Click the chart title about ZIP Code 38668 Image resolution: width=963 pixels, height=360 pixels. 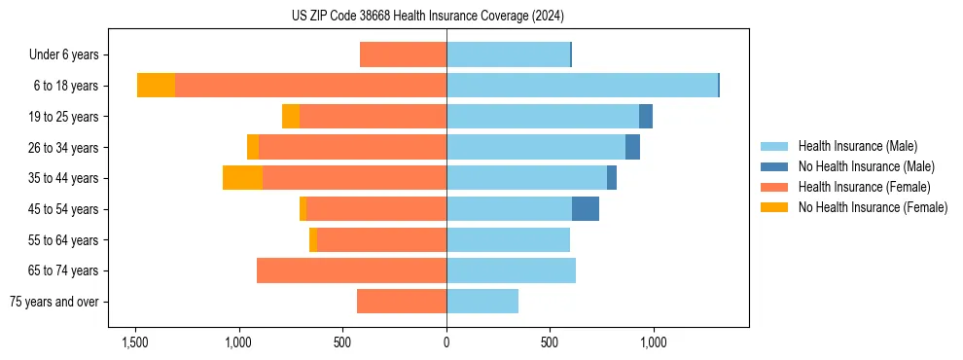pos(427,16)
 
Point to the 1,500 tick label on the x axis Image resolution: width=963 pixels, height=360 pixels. pos(134,342)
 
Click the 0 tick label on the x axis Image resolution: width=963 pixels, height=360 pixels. pos(446,342)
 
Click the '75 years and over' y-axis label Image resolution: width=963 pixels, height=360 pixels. pos(56,302)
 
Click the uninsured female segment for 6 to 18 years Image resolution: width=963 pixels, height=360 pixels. pos(156,86)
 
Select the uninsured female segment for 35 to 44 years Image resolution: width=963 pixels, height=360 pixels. pos(242,178)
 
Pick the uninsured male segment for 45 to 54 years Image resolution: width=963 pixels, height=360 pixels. pos(586,209)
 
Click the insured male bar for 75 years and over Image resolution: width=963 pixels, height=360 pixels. pos(482,302)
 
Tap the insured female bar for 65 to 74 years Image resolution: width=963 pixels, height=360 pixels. pos(351,270)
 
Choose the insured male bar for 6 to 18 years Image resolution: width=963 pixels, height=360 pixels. pos(582,86)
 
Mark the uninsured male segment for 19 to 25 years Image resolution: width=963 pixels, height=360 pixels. pos(646,117)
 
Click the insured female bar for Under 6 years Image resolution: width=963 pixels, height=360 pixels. pos(403,54)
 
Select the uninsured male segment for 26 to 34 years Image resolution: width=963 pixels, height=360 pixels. pos(632,147)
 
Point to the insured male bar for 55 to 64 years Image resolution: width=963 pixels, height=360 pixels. pos(508,239)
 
